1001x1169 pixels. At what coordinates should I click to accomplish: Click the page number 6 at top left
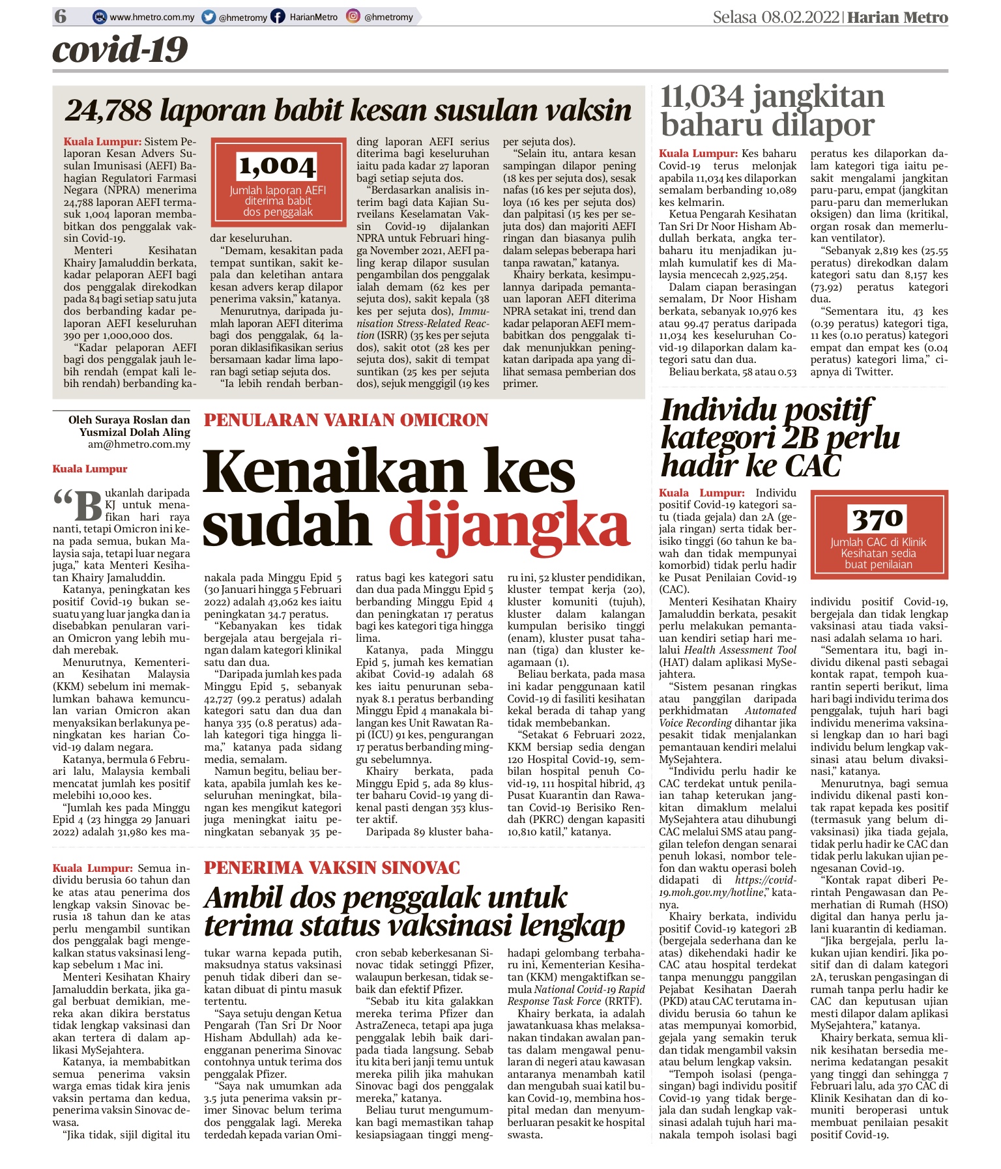61,16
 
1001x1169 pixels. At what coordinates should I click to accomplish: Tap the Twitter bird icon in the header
209,17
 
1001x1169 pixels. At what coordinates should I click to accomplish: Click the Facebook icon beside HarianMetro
278,17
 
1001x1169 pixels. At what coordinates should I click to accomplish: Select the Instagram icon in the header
353,17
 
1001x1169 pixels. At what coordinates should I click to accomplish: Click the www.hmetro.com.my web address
152,18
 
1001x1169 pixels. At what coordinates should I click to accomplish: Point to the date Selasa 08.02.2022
776,17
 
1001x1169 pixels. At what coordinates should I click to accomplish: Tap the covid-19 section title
120,50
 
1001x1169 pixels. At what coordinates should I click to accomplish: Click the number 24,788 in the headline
108,111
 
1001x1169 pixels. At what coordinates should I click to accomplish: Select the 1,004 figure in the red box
278,167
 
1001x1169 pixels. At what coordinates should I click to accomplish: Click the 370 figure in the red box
878,519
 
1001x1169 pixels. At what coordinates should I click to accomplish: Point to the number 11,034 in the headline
702,97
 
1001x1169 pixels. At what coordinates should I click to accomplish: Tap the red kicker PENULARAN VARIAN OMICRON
346,420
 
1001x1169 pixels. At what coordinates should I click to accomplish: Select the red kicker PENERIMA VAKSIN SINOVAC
332,868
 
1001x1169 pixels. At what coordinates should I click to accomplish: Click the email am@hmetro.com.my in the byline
139,444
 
